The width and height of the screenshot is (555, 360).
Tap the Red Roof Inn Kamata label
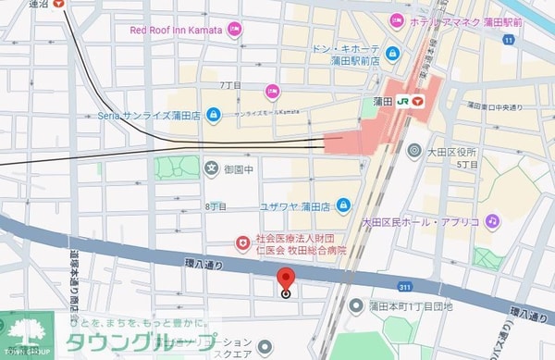click(176, 30)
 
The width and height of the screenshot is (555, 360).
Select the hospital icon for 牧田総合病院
click(243, 243)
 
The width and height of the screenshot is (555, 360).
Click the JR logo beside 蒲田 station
click(402, 102)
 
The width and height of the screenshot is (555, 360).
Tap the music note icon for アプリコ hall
click(493, 221)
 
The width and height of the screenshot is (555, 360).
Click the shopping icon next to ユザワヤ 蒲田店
click(343, 204)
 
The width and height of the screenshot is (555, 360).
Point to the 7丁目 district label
click(229, 85)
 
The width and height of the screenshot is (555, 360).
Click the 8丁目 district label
click(216, 206)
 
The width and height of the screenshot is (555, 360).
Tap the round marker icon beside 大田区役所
click(413, 151)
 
